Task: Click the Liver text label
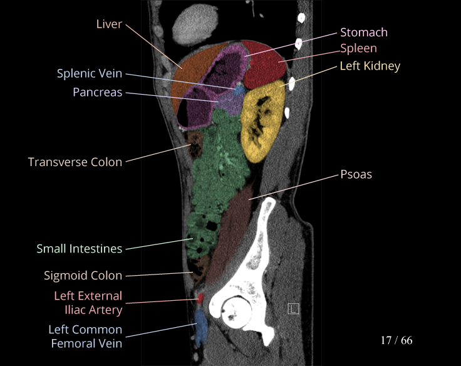pos(109,24)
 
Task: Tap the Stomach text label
pos(363,32)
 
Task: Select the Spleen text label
pos(358,48)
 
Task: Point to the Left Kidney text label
pos(370,65)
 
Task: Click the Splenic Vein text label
pos(90,73)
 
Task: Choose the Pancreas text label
pos(97,92)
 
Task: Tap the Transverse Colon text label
pos(75,162)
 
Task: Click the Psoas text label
pos(356,174)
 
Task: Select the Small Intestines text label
pos(79,249)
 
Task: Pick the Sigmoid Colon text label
pos(83,275)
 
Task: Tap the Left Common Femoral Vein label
pos(85,336)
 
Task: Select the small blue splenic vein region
pos(239,91)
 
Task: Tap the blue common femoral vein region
pos(200,326)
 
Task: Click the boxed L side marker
pos(293,308)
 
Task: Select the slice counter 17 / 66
pos(396,340)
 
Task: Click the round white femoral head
pos(236,308)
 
